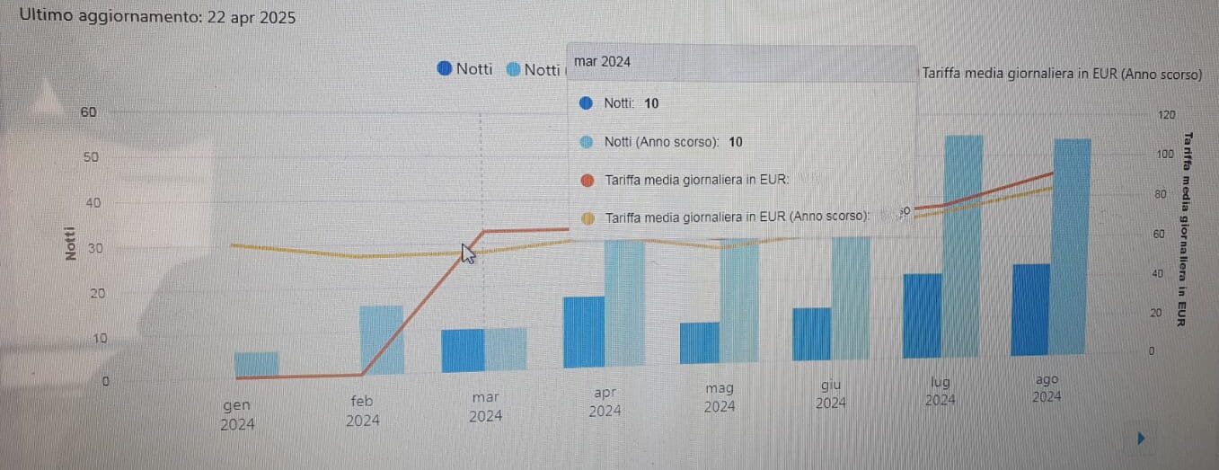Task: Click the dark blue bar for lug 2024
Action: click(x=922, y=315)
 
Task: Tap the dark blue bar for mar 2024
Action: click(x=463, y=350)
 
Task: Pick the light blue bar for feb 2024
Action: click(x=382, y=340)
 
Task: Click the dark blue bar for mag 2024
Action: click(x=700, y=342)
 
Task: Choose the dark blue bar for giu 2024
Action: click(x=811, y=334)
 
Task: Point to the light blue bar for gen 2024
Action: click(x=256, y=363)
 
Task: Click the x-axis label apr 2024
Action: click(x=605, y=402)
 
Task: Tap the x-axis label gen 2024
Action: click(x=237, y=414)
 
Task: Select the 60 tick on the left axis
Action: click(x=88, y=112)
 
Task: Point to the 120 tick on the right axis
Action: click(x=1167, y=115)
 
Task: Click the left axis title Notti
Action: click(x=70, y=244)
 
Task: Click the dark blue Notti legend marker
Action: click(x=445, y=69)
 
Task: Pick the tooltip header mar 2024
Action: click(x=602, y=62)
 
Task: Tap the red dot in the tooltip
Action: click(x=587, y=180)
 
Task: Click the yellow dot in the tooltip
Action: click(x=588, y=217)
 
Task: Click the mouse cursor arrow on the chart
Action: click(x=468, y=253)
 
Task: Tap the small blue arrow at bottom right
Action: click(x=1142, y=439)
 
